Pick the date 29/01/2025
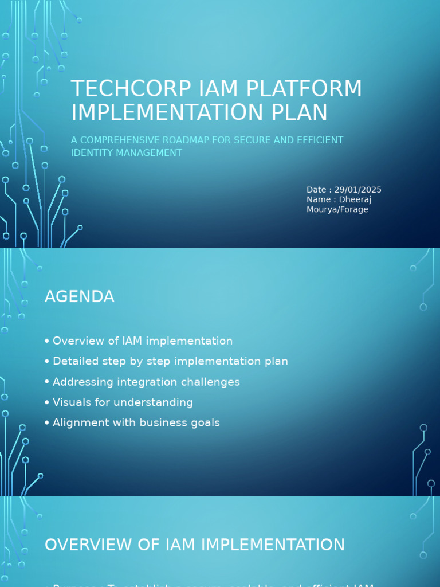tap(357, 190)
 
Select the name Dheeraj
tap(355, 199)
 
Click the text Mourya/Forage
tap(337, 209)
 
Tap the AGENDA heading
tap(80, 297)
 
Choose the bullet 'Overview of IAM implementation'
tap(143, 341)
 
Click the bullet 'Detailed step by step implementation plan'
tap(170, 361)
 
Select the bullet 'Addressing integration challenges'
tap(146, 382)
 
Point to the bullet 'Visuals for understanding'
tap(123, 402)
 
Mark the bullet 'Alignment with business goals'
tap(136, 423)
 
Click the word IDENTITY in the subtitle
tap(91, 153)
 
